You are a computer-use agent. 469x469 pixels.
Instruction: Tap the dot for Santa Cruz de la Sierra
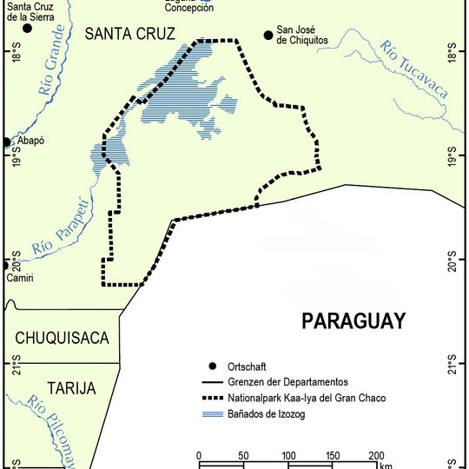click(27, 28)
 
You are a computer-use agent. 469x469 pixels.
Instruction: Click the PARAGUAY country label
click(353, 321)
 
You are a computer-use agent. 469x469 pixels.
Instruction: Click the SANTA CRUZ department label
click(130, 34)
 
